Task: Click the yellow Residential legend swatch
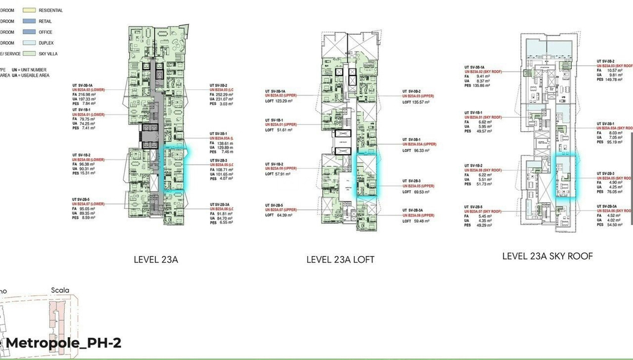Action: point(29,11)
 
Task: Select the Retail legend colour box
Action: point(29,22)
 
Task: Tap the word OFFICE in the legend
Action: point(46,32)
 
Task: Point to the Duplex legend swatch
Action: point(29,43)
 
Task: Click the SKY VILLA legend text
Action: point(49,54)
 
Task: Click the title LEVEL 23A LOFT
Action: point(340,260)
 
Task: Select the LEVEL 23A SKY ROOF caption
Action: point(547,256)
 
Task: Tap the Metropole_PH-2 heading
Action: point(63,343)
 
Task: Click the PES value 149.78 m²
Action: point(615,80)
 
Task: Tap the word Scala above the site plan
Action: point(60,290)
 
